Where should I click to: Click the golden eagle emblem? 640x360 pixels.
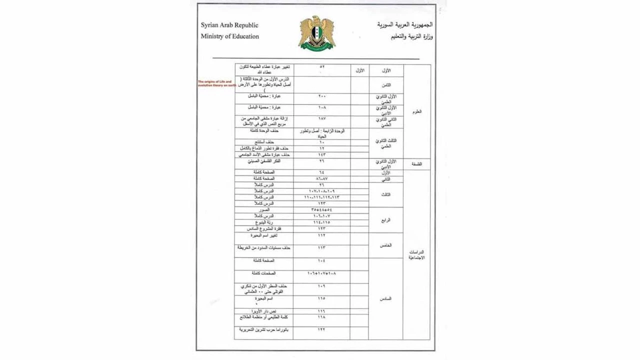click(316, 33)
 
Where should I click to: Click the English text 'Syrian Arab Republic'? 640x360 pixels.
click(229, 25)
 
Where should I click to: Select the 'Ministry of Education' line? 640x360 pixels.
click(230, 36)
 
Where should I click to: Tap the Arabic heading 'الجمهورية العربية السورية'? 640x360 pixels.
click(405, 24)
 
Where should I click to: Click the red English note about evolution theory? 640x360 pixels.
click(216, 83)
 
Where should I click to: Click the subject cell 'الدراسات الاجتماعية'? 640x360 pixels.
click(416, 255)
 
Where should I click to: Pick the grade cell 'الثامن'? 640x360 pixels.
click(385, 85)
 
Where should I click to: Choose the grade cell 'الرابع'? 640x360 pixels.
click(385, 219)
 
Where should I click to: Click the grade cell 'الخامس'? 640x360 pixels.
click(385, 245)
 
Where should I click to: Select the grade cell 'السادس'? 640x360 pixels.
click(385, 298)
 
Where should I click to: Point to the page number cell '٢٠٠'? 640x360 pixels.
click(321, 96)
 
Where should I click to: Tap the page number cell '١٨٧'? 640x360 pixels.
click(321, 118)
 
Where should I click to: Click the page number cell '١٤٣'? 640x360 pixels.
click(321, 155)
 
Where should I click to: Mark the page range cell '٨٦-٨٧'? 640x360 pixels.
click(321, 178)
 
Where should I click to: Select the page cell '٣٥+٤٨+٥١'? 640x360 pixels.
click(321, 210)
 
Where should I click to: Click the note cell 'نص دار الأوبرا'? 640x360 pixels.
click(264, 311)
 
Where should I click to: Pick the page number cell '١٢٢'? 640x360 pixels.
click(321, 330)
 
